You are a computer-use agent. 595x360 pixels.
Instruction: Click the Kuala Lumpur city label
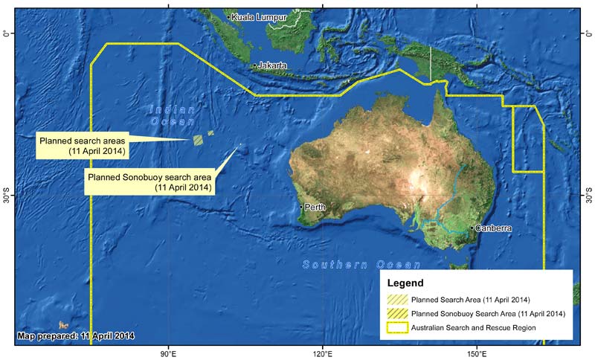pyautogui.click(x=255, y=16)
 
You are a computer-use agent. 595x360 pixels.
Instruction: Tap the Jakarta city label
pyautogui.click(x=271, y=65)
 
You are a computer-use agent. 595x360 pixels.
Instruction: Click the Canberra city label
pyautogui.click(x=492, y=228)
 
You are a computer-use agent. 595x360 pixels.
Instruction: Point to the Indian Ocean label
pyautogui.click(x=173, y=115)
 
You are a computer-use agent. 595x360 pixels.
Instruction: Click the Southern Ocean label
pyautogui.click(x=361, y=265)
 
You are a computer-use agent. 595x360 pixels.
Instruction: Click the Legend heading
pyautogui.click(x=406, y=283)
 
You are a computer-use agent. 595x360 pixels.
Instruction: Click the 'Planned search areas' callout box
pyautogui.click(x=82, y=145)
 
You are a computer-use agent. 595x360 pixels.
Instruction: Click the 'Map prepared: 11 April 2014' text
pyautogui.click(x=75, y=336)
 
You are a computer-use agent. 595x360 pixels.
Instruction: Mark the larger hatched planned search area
pyautogui.click(x=199, y=139)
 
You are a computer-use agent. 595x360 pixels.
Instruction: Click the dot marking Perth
pyautogui.click(x=301, y=207)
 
